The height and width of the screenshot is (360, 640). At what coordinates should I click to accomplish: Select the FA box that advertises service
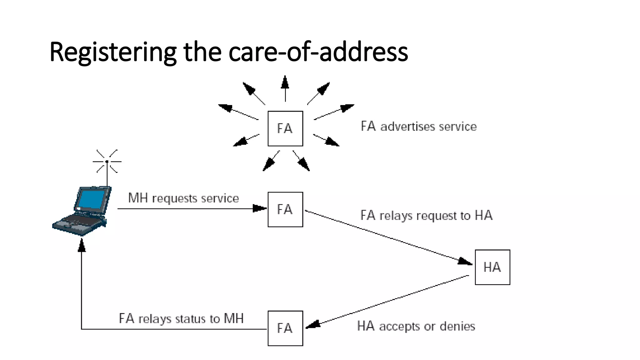[285, 128]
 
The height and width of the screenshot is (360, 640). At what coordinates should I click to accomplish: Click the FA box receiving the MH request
[285, 209]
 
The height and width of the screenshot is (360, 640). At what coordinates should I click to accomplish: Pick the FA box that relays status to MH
[285, 328]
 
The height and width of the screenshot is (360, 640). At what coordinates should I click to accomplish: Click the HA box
[492, 267]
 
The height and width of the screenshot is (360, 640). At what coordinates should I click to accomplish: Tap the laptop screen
[92, 199]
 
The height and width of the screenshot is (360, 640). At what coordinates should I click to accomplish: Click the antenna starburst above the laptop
[107, 162]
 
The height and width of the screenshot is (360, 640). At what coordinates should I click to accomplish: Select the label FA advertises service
[419, 127]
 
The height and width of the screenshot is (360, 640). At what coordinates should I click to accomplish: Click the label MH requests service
[183, 198]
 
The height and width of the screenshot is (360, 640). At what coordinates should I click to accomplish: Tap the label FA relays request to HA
[426, 216]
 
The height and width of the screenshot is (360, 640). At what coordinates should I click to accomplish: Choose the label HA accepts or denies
[416, 326]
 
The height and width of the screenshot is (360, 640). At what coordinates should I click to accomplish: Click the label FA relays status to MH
[181, 319]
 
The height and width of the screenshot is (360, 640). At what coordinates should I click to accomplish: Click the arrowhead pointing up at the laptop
[82, 246]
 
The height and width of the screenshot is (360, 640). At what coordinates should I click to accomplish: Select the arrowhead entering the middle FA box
[259, 208]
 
